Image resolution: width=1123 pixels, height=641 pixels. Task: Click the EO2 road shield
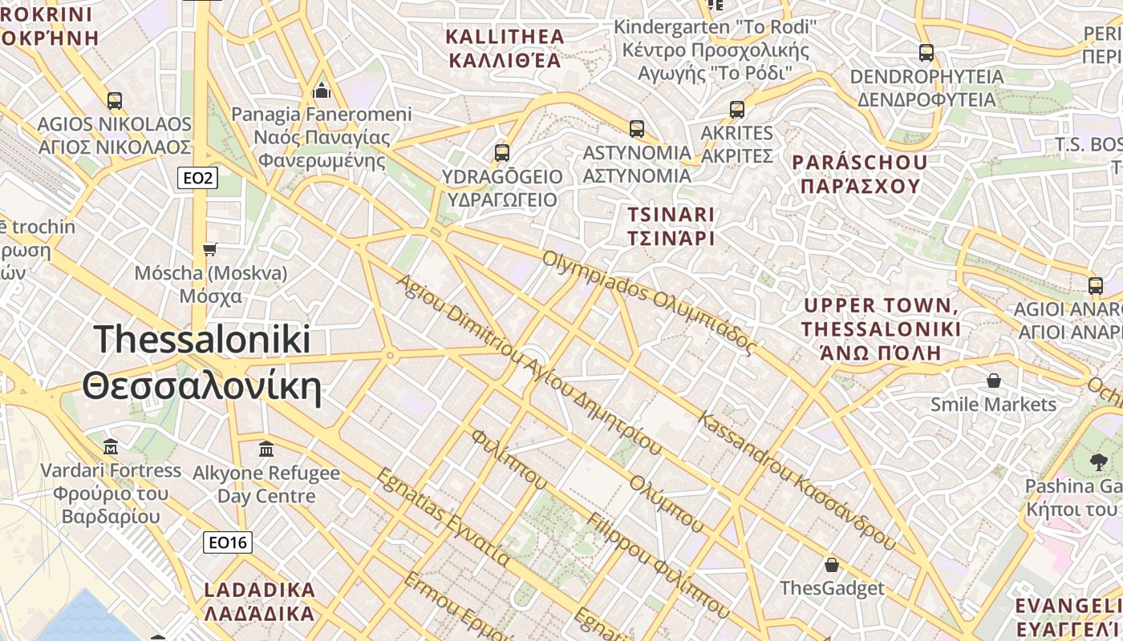pyautogui.click(x=197, y=178)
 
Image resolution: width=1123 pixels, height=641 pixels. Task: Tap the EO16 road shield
pyautogui.click(x=228, y=542)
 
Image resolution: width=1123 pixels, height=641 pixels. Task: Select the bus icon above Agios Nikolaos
pyautogui.click(x=115, y=101)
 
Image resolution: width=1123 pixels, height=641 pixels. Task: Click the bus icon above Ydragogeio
pyautogui.click(x=502, y=152)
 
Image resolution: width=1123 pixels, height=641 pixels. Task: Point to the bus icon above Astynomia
pyautogui.click(x=637, y=128)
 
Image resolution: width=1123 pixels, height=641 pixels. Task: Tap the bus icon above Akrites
pyautogui.click(x=737, y=110)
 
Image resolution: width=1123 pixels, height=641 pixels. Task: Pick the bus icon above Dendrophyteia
pyautogui.click(x=926, y=53)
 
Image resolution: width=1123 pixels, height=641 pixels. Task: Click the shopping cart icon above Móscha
pyautogui.click(x=210, y=249)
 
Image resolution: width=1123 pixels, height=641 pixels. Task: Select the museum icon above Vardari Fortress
pyautogui.click(x=111, y=445)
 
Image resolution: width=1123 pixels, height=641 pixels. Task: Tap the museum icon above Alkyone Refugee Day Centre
pyautogui.click(x=266, y=449)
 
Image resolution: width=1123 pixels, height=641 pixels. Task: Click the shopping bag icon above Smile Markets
pyautogui.click(x=994, y=380)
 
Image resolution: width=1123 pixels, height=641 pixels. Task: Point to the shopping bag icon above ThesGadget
pyautogui.click(x=832, y=564)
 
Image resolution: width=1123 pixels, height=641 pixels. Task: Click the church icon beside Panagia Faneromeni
pyautogui.click(x=322, y=90)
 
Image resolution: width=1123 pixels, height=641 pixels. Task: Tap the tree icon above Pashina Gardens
pyautogui.click(x=1098, y=462)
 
